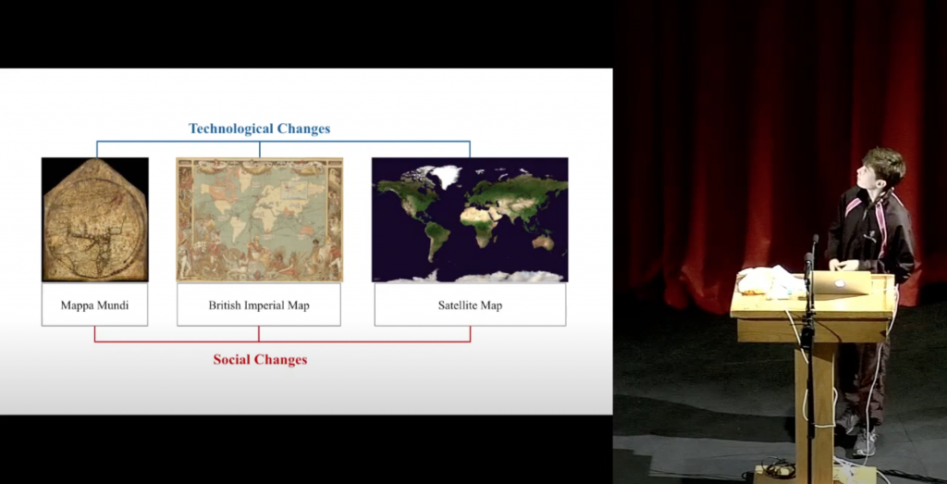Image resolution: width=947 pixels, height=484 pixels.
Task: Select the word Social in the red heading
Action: click(230, 359)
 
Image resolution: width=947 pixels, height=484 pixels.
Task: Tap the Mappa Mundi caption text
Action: click(95, 305)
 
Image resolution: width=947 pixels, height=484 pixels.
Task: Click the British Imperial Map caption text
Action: click(259, 305)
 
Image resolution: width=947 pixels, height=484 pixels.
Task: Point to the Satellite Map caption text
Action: click(470, 305)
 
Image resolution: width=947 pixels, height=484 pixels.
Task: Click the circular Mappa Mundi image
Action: click(95, 220)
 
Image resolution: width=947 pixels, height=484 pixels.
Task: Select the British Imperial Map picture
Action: click(259, 220)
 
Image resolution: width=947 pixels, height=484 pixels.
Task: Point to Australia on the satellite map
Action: click(542, 242)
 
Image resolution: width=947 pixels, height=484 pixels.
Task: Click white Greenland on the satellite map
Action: click(446, 177)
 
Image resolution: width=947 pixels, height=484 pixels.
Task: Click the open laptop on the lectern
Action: click(840, 283)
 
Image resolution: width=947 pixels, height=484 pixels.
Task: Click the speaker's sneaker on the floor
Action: click(866, 443)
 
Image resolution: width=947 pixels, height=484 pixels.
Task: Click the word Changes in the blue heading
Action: click(303, 129)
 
